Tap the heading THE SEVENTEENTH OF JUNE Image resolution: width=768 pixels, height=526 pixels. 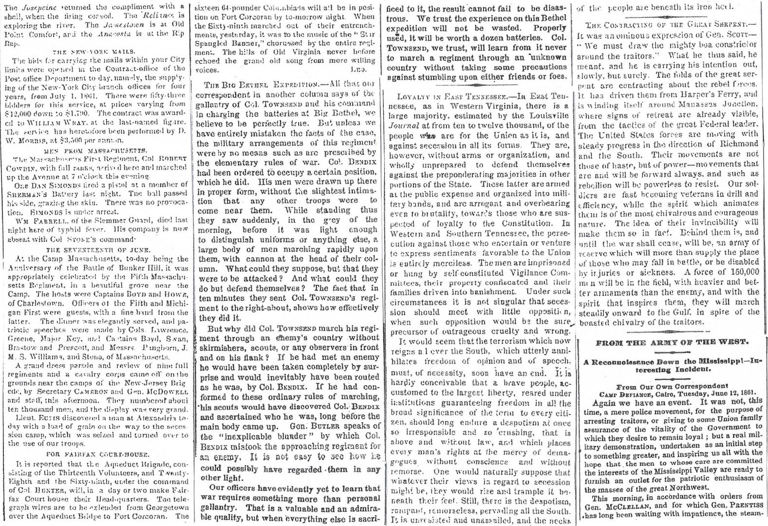(95, 249)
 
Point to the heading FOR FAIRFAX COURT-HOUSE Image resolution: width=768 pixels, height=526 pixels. (95, 451)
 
